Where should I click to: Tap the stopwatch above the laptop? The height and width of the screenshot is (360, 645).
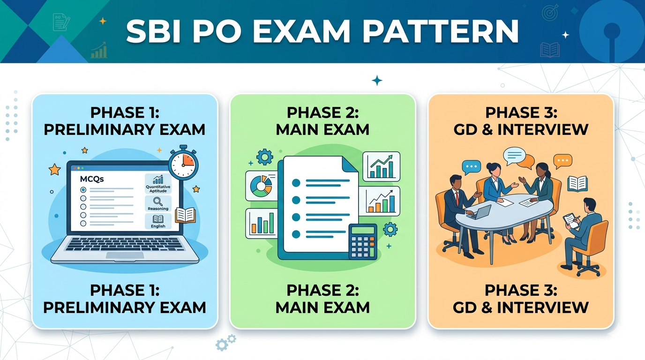183,163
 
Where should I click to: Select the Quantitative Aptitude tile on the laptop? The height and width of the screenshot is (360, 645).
158,184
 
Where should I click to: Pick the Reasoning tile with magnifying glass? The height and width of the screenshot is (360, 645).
158,203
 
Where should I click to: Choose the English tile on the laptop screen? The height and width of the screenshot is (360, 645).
158,221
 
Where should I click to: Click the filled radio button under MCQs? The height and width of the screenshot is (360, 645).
83,190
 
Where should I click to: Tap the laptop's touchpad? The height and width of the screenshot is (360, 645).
125,255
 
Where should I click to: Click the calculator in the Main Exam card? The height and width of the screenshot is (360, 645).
362,242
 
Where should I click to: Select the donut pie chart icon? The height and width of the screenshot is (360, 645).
261,186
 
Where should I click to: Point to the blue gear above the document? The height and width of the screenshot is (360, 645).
264,157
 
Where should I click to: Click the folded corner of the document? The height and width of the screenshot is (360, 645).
350,165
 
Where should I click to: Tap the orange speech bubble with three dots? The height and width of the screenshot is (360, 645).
562,162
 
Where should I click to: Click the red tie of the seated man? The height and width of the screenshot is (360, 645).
457,197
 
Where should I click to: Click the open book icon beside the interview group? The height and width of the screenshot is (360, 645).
577,184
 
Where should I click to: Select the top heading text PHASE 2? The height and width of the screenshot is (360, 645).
323,112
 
